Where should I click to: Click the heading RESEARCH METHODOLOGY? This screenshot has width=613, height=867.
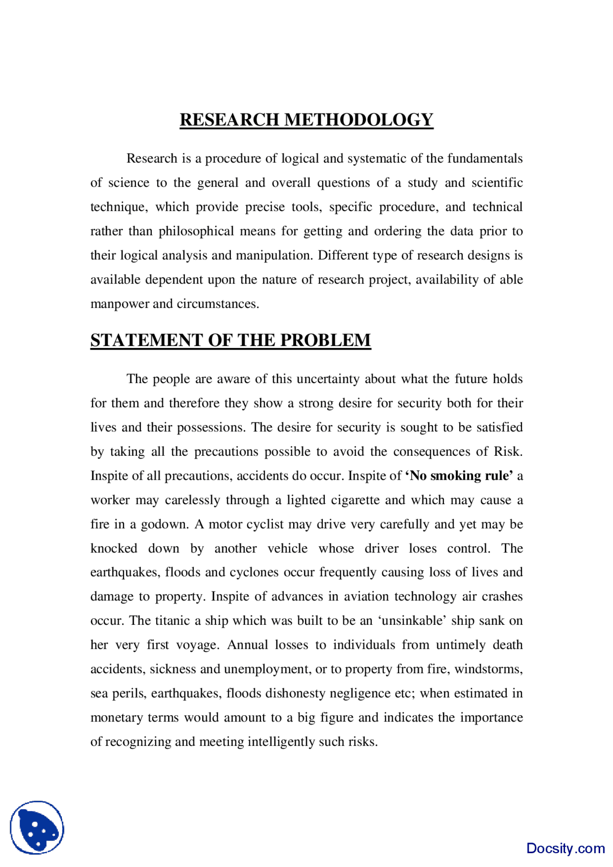306,120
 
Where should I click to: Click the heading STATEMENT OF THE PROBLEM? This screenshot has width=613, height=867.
230,340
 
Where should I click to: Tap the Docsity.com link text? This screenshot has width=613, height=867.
565,848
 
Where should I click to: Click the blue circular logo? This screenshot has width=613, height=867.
37,828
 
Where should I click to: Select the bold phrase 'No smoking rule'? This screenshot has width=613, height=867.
459,476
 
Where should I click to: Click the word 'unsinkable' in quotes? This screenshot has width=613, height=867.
412,621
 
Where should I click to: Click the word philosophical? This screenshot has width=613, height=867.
196,231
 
